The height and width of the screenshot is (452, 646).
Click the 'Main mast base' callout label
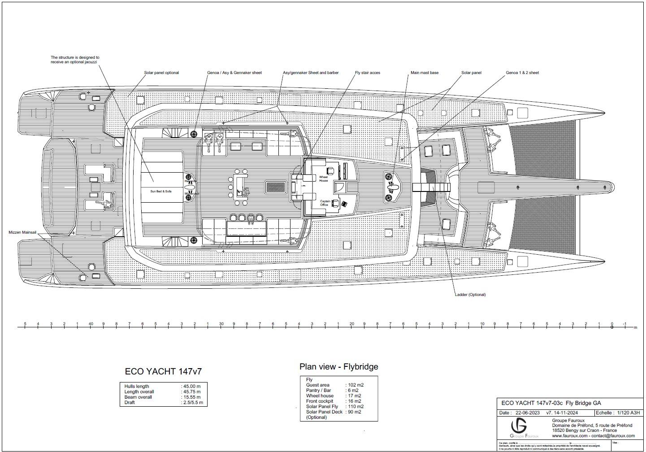pos(424,73)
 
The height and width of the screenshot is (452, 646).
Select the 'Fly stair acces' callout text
pos(367,73)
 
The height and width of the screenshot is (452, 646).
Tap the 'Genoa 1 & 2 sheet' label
pos(522,73)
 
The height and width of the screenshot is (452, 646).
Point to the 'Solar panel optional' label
pos(161,73)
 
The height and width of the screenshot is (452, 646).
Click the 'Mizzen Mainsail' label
pos(22,233)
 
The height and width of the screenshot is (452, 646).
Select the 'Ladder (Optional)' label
pos(470,295)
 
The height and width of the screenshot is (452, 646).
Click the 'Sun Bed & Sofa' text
pos(160,191)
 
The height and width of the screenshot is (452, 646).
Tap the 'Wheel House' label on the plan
pos(323,179)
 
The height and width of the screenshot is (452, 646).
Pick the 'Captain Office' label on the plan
pos(325,203)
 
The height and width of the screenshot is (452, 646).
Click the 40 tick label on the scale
pos(91,324)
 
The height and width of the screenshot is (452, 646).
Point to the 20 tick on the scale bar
pos(351,324)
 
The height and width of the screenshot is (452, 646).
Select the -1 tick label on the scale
pos(624,324)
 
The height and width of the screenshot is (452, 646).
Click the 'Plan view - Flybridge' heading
pos(338,367)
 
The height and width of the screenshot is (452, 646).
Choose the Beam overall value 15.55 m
pos(192,397)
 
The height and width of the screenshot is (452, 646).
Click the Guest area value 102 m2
pos(355,385)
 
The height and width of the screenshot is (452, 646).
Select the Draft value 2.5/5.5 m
pos(193,402)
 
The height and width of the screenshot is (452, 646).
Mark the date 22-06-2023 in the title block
pos(527,413)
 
